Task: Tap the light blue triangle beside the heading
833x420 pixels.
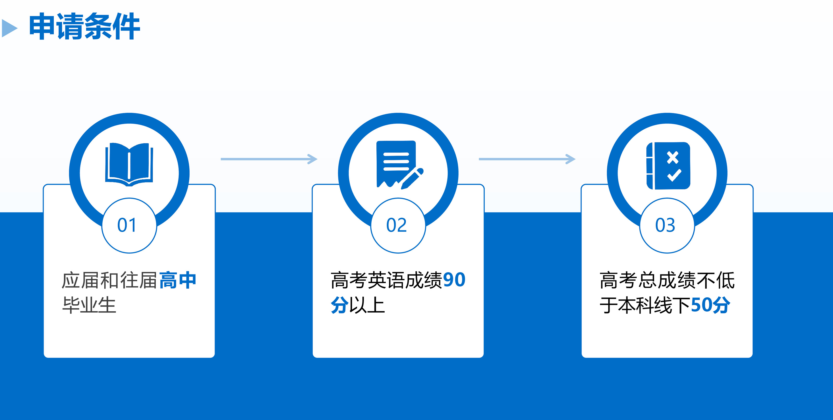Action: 9,28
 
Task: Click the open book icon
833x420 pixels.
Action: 129,164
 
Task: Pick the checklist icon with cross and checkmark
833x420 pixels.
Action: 668,165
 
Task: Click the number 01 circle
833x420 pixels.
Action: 129,225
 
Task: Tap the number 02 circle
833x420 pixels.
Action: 398,225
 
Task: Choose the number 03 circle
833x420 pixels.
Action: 667,225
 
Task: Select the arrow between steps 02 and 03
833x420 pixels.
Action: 527,159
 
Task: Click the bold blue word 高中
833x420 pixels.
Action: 178,280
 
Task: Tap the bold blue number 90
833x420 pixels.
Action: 454,280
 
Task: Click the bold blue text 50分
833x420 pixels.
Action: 711,305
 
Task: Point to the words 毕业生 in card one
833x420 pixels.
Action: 89,305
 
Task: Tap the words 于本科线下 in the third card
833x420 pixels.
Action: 645,305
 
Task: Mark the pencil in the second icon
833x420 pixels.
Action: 412,178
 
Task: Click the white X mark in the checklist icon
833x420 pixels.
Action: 673,157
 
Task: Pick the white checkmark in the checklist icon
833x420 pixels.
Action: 674,175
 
